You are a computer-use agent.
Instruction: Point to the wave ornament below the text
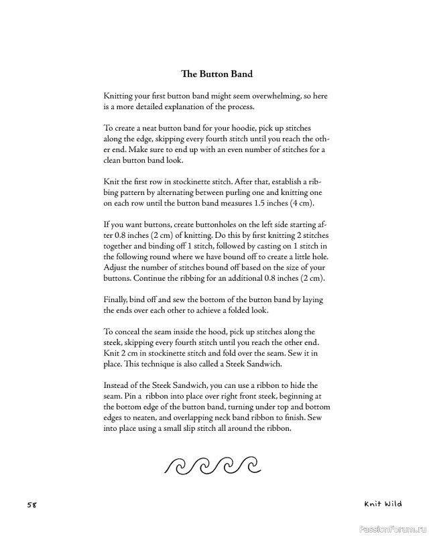212,464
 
